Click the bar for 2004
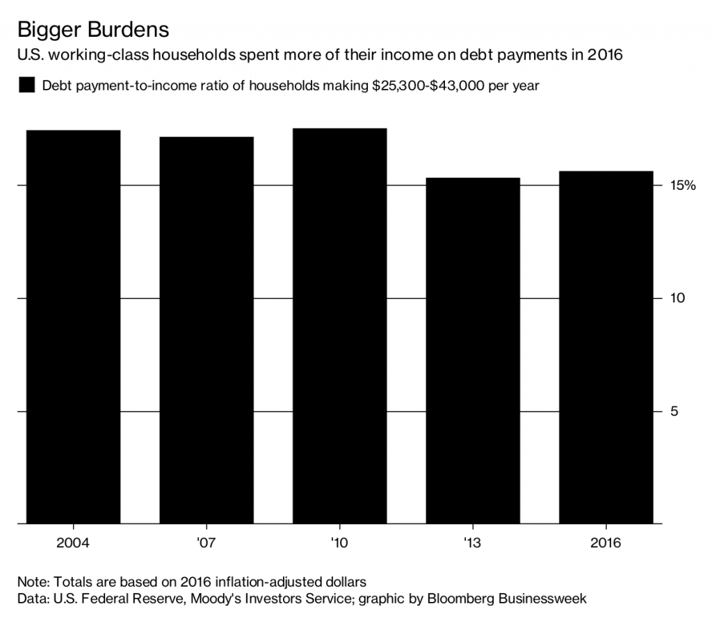pyautogui.click(x=73, y=327)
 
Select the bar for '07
pyautogui.click(x=206, y=330)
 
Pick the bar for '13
pyautogui.click(x=473, y=350)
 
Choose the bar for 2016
pyautogui.click(x=606, y=347)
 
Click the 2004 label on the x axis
pyautogui.click(x=73, y=542)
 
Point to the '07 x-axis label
pyautogui.click(x=206, y=542)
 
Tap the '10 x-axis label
pyautogui.click(x=339, y=542)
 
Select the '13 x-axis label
pyautogui.click(x=473, y=542)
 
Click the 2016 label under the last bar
pyautogui.click(x=606, y=542)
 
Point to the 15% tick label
pyautogui.click(x=682, y=186)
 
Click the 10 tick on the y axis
pyautogui.click(x=678, y=298)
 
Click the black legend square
pyautogui.click(x=26, y=86)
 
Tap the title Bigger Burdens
pyautogui.click(x=92, y=31)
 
